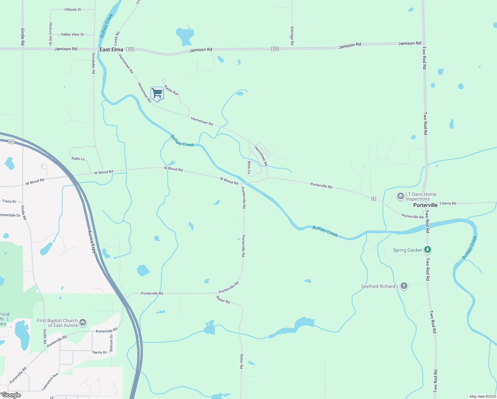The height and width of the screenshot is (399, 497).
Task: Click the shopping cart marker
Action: tap(157, 93)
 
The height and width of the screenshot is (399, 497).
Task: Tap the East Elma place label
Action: tap(111, 50)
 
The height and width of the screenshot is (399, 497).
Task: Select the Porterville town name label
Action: tap(425, 205)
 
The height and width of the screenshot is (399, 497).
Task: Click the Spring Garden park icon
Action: tap(428, 250)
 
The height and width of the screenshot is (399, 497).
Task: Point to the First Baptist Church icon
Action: tap(83, 322)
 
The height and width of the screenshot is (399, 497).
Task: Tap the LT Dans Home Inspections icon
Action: tap(401, 196)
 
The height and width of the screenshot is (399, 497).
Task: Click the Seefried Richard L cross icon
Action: tap(404, 286)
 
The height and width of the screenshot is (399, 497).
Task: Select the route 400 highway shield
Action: tap(12, 142)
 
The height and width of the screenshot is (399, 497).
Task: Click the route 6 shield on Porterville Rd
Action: tap(374, 199)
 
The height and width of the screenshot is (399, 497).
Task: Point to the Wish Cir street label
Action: tap(249, 168)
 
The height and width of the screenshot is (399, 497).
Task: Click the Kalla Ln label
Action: tap(78, 159)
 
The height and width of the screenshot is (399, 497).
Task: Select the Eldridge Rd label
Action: tap(292, 36)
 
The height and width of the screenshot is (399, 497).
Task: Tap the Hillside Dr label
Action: tap(73, 10)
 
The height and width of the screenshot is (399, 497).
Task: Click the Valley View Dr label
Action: tap(72, 34)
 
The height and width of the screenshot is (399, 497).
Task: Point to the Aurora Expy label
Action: tap(92, 241)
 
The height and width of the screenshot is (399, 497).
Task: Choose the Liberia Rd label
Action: tap(448, 203)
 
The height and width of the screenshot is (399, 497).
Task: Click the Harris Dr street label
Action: tap(100, 352)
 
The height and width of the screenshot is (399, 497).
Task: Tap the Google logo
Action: tap(11, 395)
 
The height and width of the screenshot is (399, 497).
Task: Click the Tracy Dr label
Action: tap(9, 201)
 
